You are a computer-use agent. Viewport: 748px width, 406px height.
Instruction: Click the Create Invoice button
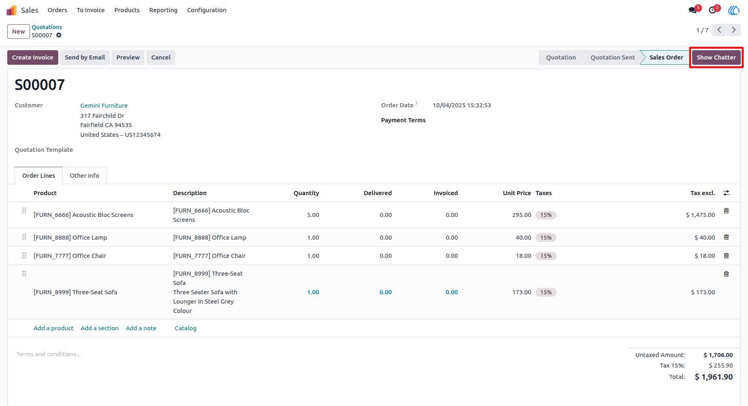[x=33, y=57]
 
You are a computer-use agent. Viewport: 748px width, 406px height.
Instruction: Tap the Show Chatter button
[x=716, y=57]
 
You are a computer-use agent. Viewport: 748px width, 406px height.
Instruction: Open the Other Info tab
[x=84, y=176]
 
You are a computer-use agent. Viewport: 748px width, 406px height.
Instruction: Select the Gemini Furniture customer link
[x=104, y=106]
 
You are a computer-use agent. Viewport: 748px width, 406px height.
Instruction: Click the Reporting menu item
[x=163, y=10]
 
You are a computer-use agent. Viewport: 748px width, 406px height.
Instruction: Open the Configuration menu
[x=206, y=10]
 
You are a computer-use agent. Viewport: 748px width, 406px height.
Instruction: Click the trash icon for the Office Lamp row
[x=726, y=237]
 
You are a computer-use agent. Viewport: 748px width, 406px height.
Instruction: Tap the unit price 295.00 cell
[x=522, y=215]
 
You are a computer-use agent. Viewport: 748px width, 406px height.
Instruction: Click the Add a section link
[x=100, y=328]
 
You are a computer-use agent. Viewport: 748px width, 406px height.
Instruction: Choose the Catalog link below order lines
[x=185, y=328]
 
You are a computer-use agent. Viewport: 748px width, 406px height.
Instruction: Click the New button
[x=19, y=32]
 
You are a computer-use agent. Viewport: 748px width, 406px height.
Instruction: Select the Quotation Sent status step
[x=612, y=57]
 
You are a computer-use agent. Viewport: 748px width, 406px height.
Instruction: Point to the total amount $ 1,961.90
[x=714, y=377]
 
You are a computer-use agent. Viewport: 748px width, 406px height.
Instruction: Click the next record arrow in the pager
[x=733, y=30]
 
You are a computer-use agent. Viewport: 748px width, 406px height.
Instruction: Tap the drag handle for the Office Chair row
[x=24, y=256]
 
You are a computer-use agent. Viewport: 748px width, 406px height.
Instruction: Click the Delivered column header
[x=378, y=193]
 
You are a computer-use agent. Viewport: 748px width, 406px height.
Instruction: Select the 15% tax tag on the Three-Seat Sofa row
[x=546, y=292]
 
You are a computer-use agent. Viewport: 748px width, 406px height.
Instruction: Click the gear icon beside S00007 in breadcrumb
[x=59, y=35]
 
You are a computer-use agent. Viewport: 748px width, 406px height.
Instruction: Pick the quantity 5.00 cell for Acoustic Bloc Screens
[x=313, y=215]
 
